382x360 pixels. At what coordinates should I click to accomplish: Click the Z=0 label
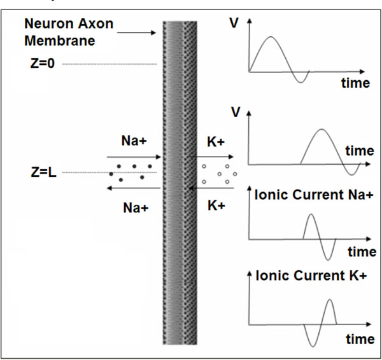[x=42, y=63]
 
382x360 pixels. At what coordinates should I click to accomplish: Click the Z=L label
[x=43, y=172]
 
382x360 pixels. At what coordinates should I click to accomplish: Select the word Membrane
[x=60, y=41]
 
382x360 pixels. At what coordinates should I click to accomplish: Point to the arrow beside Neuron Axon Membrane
[x=136, y=32]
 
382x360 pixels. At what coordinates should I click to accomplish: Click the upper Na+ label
[x=134, y=141]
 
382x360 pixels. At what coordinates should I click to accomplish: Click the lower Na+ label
[x=136, y=208]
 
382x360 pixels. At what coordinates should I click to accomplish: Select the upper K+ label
[x=216, y=142]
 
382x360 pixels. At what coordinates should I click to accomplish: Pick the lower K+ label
[x=216, y=205]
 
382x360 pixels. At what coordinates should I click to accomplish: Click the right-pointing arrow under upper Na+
[x=134, y=157]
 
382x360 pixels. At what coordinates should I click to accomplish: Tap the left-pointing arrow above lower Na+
[x=134, y=188]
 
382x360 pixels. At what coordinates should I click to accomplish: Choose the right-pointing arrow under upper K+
[x=211, y=156]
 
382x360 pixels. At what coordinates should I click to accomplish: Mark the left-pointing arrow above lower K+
[x=211, y=188]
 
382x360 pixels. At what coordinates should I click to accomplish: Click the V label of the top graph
[x=234, y=24]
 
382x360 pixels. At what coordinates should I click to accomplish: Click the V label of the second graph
[x=236, y=112]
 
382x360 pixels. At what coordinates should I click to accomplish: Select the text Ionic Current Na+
[x=314, y=195]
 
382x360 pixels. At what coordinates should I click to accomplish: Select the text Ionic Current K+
[x=311, y=276]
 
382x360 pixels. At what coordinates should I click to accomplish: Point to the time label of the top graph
[x=355, y=83]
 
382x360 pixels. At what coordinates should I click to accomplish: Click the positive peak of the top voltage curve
[x=271, y=37]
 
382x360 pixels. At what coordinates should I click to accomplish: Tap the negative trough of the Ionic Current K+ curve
[x=313, y=346]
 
